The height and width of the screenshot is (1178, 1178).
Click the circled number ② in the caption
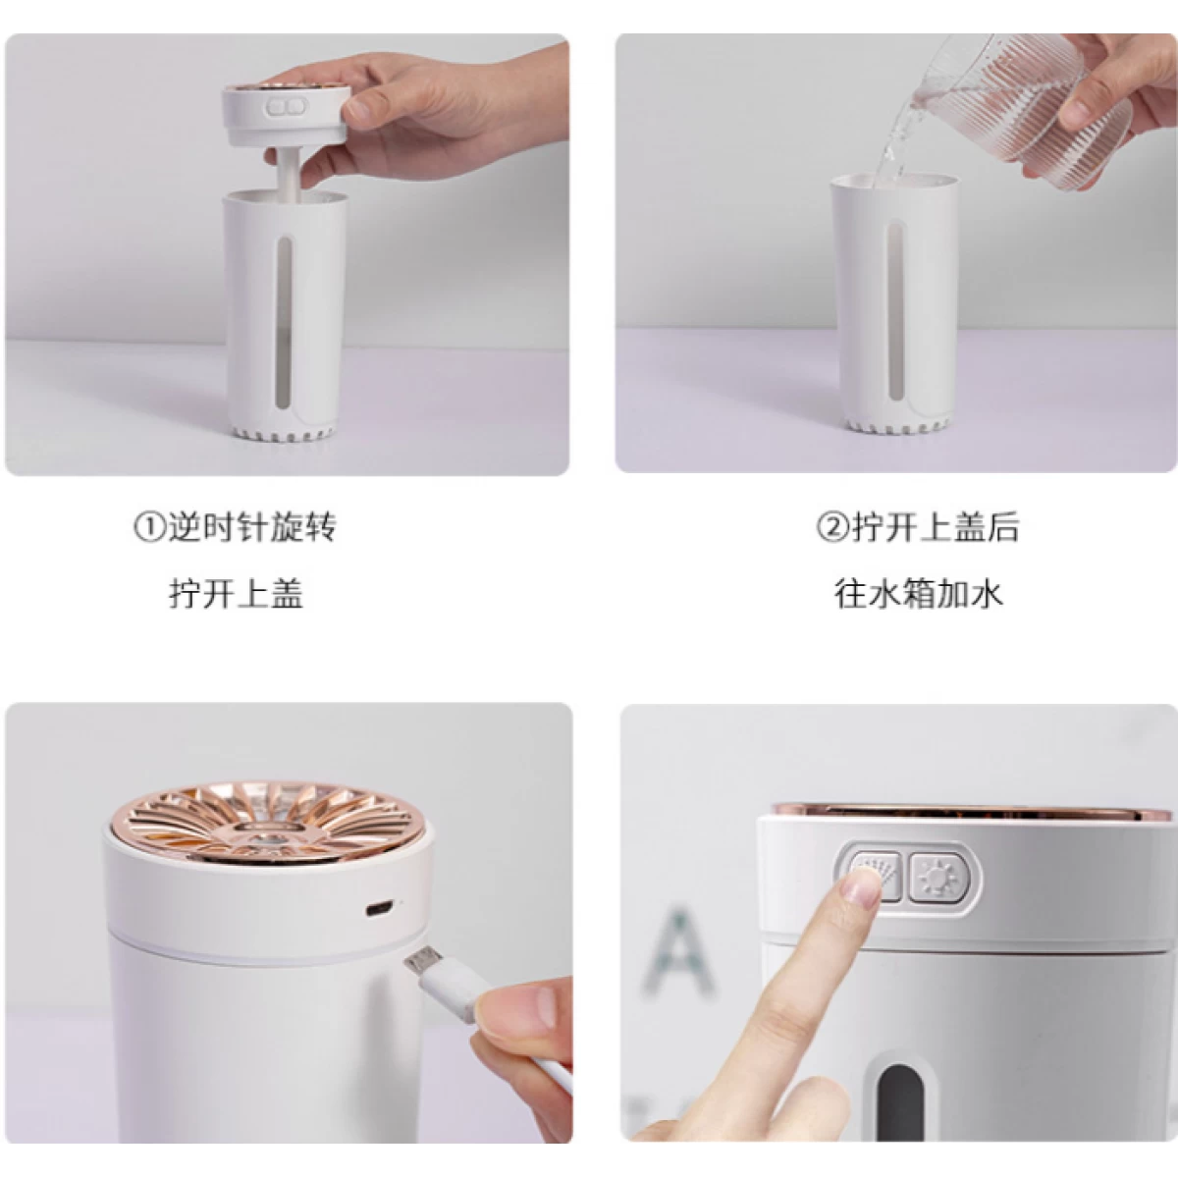pyautogui.click(x=833, y=527)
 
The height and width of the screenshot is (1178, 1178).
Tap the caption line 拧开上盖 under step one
pyautogui.click(x=236, y=594)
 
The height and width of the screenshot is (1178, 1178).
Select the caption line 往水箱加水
pyautogui.click(x=918, y=594)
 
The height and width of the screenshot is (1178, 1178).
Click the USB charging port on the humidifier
pyautogui.click(x=378, y=908)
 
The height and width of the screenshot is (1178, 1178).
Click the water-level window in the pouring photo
pyautogui.click(x=895, y=312)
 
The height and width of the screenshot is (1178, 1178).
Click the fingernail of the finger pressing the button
pyautogui.click(x=862, y=884)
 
